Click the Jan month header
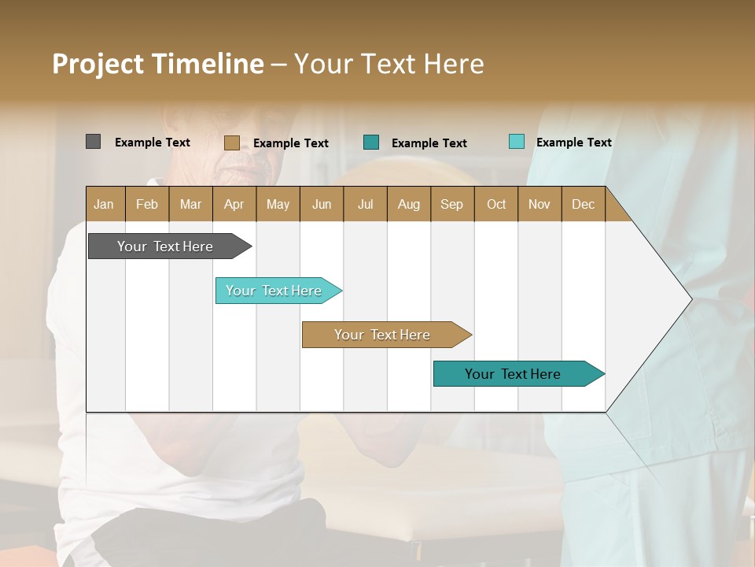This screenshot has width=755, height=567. coord(105,204)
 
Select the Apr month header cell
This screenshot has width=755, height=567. coord(234,204)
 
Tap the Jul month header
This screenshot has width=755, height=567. coord(365,204)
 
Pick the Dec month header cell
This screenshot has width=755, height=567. coord(583,204)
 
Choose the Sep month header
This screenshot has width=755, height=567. coord(452,204)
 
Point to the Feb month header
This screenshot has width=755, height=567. coord(147,204)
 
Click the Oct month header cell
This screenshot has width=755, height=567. coord(496,204)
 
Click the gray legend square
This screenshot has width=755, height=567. coord(93,142)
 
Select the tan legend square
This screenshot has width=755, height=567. coord(231,143)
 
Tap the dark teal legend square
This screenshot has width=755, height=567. coord(371,143)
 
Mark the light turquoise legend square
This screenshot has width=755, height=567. coord(516,142)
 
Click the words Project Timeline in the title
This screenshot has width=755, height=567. coord(158,64)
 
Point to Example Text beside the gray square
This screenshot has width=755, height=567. coord(153,143)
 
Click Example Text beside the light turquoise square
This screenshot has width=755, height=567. coord(574,143)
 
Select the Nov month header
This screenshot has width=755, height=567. coord(540,204)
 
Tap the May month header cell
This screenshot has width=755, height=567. coord(278,204)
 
